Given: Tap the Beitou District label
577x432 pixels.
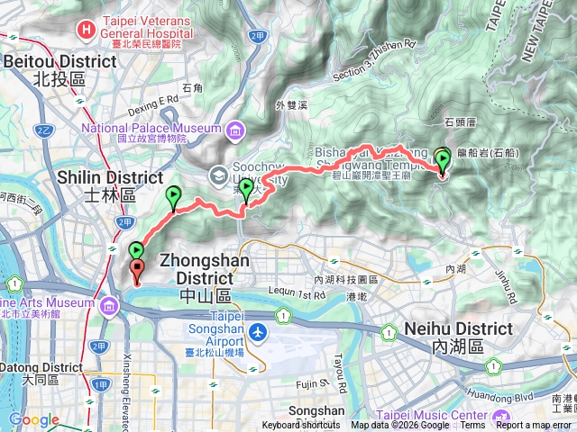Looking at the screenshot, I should [x=60, y=61].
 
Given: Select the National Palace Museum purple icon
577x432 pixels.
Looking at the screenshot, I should [x=235, y=131].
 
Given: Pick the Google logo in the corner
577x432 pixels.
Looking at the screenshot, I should [x=34, y=420].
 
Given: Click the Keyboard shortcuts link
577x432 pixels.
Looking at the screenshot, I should [x=301, y=426].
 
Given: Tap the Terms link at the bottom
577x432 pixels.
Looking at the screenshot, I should [x=472, y=426].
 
